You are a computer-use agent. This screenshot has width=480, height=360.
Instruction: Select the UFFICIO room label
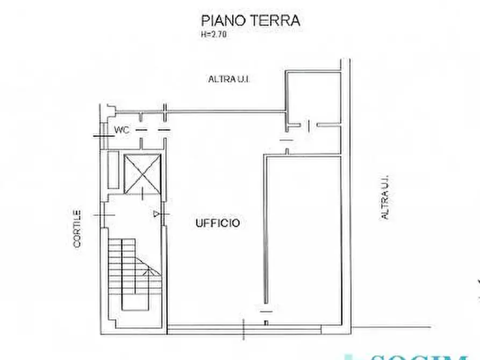[217, 223]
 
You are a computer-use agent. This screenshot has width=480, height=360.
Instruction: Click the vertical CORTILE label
[77, 228]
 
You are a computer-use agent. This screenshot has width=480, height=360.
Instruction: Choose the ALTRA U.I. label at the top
[230, 79]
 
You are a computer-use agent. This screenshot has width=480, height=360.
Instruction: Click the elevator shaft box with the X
[142, 172]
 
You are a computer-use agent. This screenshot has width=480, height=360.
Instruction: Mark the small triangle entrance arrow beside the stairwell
[156, 214]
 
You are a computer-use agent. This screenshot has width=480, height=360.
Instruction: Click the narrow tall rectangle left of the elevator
[113, 169]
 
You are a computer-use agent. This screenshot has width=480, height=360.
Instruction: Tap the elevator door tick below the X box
[142, 195]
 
